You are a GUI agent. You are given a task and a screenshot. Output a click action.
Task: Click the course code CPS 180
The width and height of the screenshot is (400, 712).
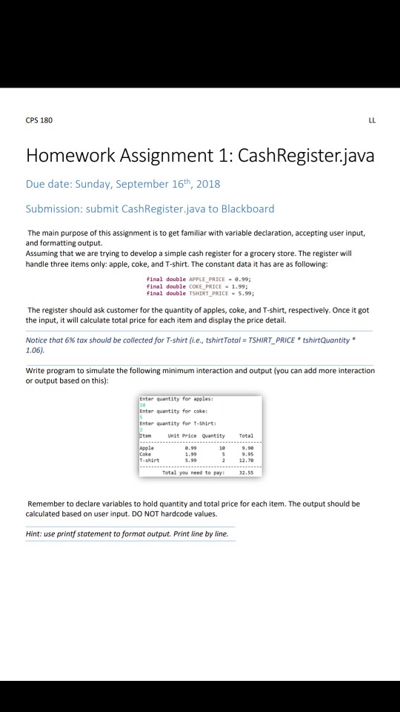(x=39, y=120)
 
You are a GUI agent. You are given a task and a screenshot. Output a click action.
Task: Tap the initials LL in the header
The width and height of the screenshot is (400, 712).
(x=370, y=120)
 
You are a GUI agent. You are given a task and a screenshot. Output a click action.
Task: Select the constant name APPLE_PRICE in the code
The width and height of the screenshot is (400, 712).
(x=192, y=280)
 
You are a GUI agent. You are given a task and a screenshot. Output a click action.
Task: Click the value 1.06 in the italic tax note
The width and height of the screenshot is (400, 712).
(x=35, y=348)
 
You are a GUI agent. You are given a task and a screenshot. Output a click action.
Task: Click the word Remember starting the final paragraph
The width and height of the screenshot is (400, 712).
(x=47, y=504)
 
